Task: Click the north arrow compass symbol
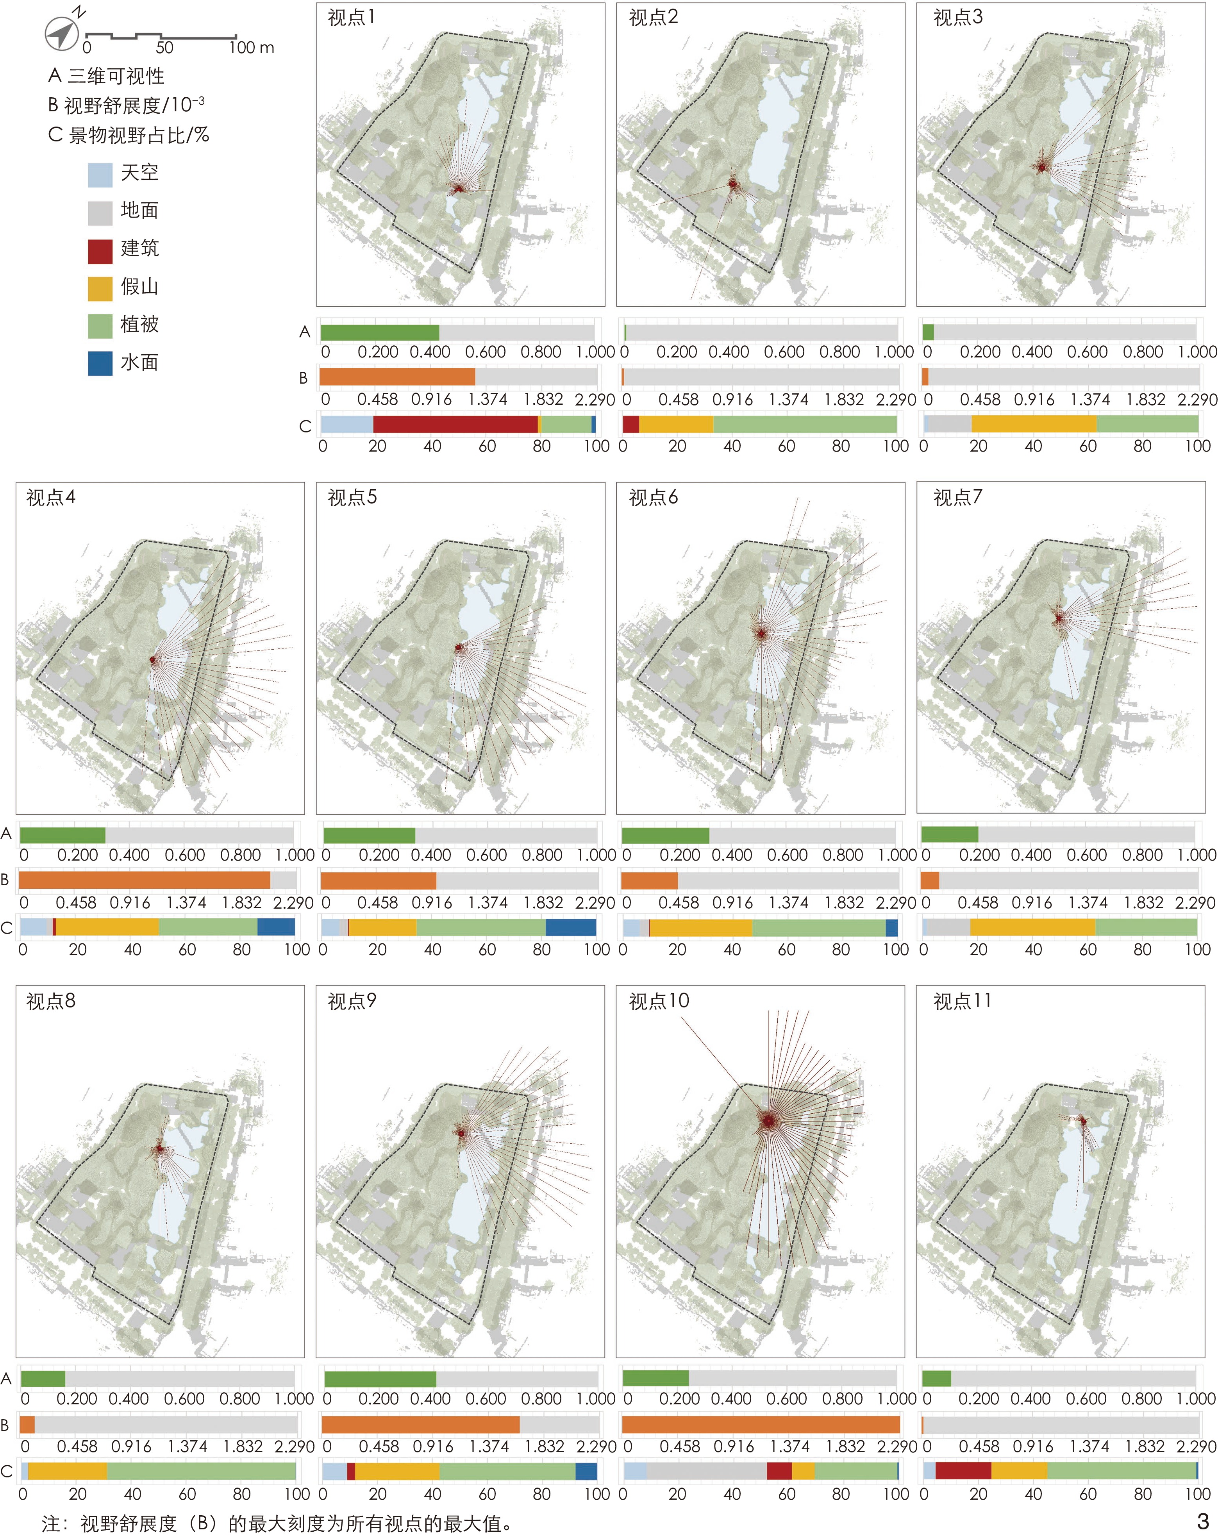[62, 33]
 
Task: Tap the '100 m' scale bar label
[252, 48]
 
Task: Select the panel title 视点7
[957, 497]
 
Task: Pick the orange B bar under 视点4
[145, 880]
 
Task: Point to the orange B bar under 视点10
[761, 1424]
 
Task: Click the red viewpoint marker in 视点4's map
[152, 660]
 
